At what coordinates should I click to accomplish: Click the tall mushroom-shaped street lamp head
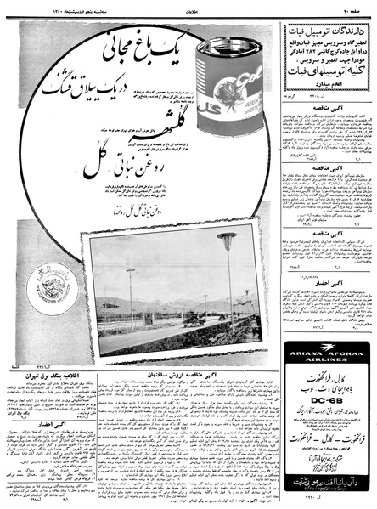(227, 237)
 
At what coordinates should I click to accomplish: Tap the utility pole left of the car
(132, 297)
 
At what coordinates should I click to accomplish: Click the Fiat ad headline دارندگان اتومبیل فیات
(327, 31)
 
